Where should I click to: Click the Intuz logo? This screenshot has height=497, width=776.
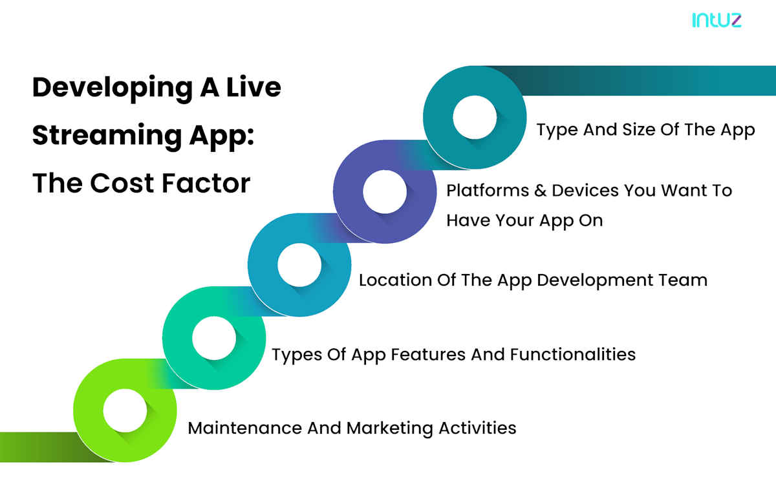click(717, 20)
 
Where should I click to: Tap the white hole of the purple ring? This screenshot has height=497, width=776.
click(385, 191)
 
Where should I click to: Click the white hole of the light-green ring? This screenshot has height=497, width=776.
click(125, 410)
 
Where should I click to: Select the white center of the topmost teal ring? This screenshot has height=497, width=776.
click(475, 118)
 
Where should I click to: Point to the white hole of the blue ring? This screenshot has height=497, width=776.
click(299, 265)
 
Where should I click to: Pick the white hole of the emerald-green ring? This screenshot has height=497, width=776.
click(214, 338)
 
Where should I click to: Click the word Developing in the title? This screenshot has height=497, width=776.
click(113, 89)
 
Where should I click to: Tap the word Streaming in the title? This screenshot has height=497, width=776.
click(107, 136)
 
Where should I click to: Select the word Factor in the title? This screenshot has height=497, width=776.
click(206, 183)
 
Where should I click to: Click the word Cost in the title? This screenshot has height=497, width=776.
click(122, 183)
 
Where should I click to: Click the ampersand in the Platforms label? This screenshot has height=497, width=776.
click(540, 191)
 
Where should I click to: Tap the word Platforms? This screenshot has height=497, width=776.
click(488, 191)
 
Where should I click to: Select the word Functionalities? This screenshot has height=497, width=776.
click(573, 354)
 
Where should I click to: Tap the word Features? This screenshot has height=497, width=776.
click(428, 354)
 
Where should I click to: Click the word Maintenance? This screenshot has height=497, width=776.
click(245, 428)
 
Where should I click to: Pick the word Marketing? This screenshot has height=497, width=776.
click(390, 428)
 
